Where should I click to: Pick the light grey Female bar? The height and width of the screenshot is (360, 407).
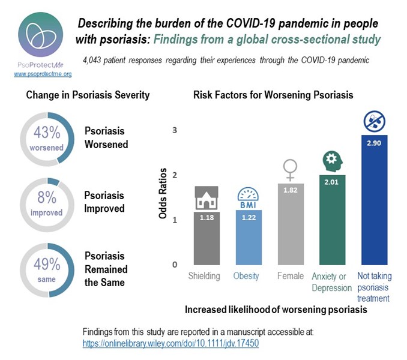[291, 225]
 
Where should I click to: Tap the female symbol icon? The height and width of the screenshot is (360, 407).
[291, 169]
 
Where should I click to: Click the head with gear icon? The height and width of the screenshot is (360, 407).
[331, 161]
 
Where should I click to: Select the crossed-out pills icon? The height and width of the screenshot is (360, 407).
[375, 122]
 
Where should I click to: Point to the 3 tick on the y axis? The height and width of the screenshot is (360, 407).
[175, 130]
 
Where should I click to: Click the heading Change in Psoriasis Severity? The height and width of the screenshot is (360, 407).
[88, 95]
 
